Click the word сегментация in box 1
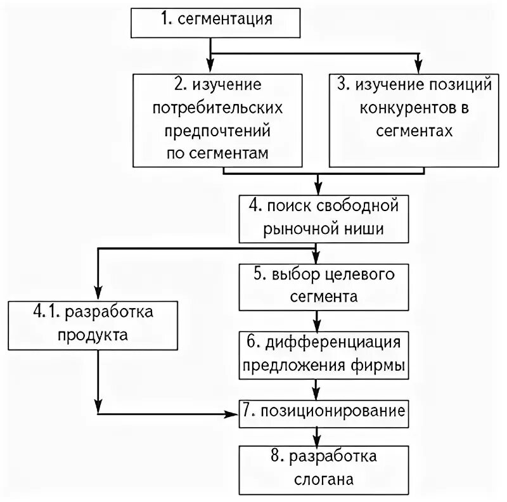[225, 19]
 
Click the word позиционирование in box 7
[331, 411]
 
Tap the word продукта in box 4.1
[94, 334]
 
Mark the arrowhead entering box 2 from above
[210, 68]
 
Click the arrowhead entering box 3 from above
[418, 68]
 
